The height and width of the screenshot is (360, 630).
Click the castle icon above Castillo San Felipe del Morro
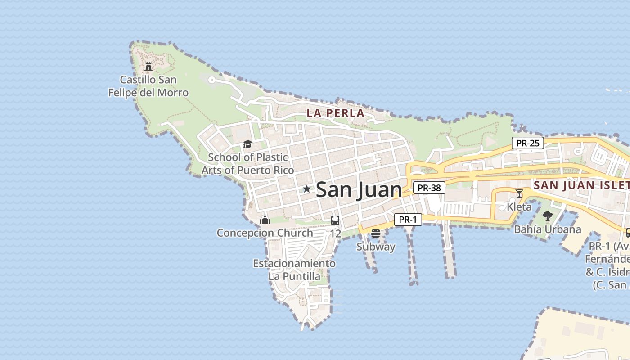(148, 67)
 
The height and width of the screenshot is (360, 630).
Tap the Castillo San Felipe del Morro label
(148, 86)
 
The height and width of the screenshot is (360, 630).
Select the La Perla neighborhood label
(335, 113)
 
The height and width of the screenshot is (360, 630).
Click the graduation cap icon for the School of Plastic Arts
(247, 144)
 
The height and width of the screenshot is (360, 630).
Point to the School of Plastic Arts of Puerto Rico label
(247, 164)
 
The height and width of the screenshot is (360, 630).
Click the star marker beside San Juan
(307, 189)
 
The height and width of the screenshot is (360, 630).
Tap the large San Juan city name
(359, 190)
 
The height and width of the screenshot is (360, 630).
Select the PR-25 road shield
(528, 143)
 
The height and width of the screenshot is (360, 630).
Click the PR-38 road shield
(429, 188)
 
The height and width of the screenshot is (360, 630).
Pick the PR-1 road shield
(408, 220)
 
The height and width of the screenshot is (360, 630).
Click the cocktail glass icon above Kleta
(519, 193)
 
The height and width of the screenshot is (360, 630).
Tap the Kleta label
(519, 207)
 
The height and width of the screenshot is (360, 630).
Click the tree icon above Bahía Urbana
(547, 216)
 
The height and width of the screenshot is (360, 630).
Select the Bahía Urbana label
(547, 229)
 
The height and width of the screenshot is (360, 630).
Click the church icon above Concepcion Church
(265, 220)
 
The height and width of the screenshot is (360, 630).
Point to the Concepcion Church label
(265, 233)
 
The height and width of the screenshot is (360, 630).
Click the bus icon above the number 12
(335, 220)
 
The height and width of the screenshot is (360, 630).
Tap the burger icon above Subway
(376, 234)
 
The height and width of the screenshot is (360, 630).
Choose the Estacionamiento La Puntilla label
(294, 270)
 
